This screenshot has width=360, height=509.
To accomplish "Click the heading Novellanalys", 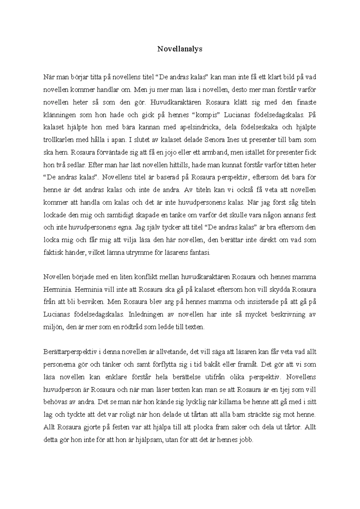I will tap(180, 49).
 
